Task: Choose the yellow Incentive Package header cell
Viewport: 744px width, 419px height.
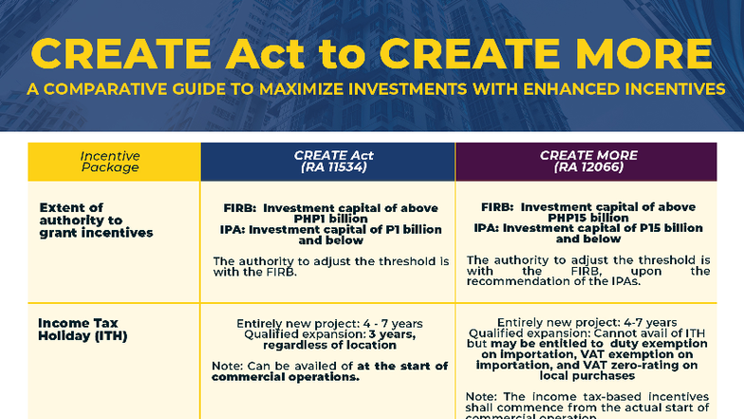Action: coord(109,162)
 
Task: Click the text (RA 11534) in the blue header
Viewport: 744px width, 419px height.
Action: coord(326,167)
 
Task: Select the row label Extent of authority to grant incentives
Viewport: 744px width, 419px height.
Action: coord(95,219)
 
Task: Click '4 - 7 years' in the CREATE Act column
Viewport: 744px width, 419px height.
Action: coord(373,322)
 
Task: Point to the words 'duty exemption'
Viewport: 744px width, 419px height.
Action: coord(658,343)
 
